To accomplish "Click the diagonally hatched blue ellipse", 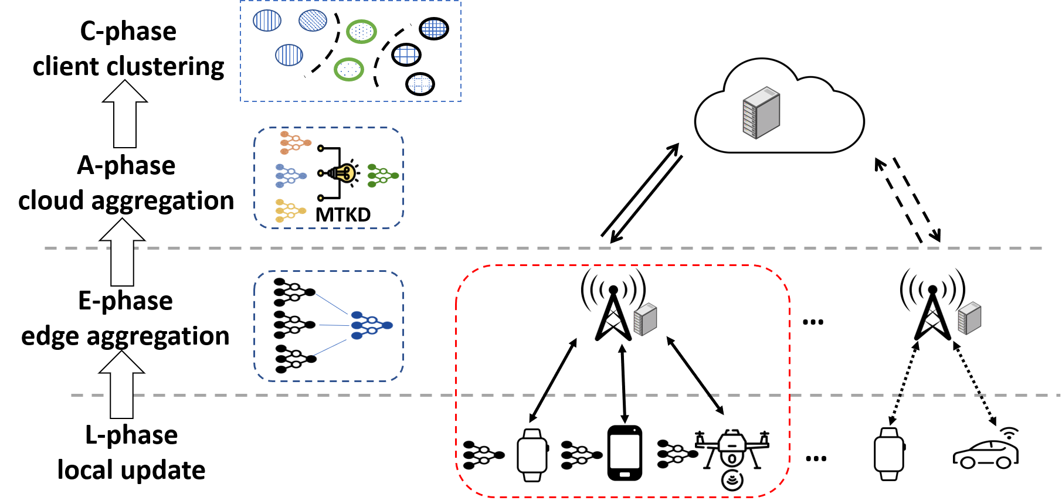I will (x=313, y=21).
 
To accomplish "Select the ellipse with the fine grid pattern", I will (x=434, y=28).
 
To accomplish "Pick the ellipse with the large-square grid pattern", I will (x=406, y=55).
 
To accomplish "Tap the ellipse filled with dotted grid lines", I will (x=420, y=84).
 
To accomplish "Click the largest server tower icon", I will (x=761, y=113).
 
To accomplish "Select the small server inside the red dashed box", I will (x=645, y=319).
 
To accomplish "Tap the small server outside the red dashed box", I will (x=969, y=318).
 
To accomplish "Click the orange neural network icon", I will (x=295, y=142).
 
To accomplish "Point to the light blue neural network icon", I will (x=290, y=176).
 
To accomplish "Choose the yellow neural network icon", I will (x=290, y=211).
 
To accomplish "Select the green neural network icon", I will (x=382, y=176).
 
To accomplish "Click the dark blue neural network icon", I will (x=371, y=325).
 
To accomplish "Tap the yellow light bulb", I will (x=344, y=173).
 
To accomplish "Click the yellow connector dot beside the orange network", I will (x=321, y=148).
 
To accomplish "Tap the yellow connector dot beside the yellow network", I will (x=321, y=198).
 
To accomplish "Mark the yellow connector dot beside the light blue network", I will (x=321, y=173).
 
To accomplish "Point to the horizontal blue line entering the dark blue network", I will (x=334, y=325).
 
